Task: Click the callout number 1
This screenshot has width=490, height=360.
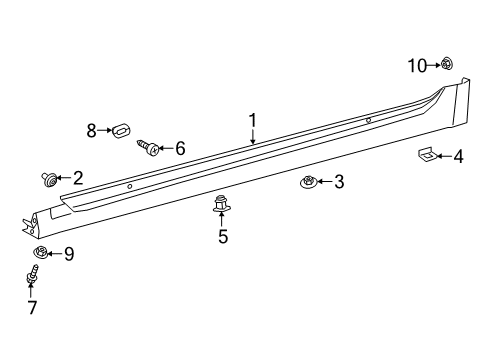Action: pos(253,121)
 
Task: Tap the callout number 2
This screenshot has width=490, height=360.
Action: pos(77,177)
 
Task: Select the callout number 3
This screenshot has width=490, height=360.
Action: pos(339,181)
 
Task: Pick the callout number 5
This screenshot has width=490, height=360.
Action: pos(223,237)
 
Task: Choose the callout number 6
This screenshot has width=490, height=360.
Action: pos(180,148)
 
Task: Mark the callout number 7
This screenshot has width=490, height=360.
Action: pos(32,307)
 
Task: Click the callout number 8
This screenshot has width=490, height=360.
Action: pos(91,130)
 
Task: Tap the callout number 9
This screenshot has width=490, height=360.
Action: pos(68,254)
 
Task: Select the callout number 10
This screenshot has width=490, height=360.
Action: pos(416,65)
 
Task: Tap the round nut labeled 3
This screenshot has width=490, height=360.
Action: pos(310,182)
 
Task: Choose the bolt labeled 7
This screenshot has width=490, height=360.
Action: pos(32,274)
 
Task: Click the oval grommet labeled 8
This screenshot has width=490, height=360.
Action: pos(120,129)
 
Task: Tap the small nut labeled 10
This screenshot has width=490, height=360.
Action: pos(446,65)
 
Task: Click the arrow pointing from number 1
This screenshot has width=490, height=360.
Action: pos(253,138)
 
